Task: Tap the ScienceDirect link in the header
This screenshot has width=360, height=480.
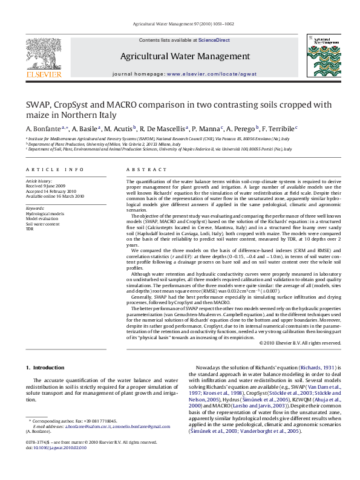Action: pos(214,40)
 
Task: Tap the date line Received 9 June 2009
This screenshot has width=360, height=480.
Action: pos(48,186)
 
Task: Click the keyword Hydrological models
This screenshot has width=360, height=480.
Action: pos(45,214)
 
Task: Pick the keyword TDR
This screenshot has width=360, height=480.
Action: pos(30,229)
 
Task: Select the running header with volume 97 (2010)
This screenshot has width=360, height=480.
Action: pos(179,24)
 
